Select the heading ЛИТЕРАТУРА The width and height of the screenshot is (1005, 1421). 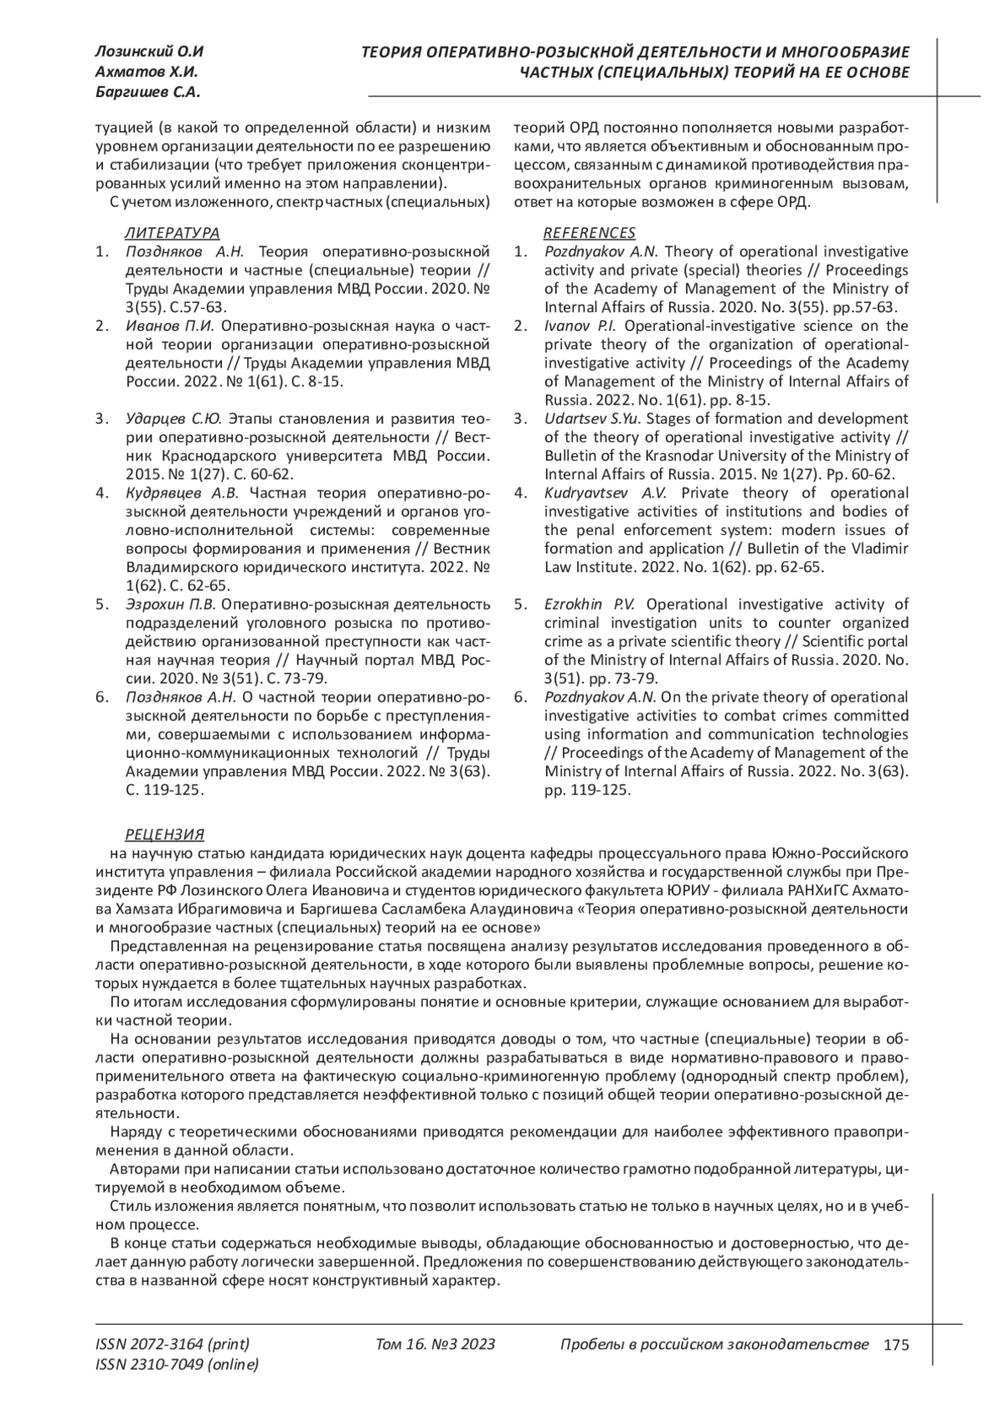[x=173, y=233]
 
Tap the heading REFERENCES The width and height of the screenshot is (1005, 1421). [x=590, y=233]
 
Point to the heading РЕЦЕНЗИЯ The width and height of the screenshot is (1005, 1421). [x=164, y=834]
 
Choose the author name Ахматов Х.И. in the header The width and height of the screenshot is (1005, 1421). [x=147, y=72]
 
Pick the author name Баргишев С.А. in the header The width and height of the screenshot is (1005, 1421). [x=148, y=92]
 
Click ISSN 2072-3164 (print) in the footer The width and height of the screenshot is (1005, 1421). [x=173, y=1345]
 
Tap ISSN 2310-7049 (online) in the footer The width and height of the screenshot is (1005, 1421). [x=178, y=1365]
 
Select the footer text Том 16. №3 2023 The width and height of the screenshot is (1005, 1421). [x=435, y=1345]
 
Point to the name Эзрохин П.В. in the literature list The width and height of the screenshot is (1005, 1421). [x=171, y=604]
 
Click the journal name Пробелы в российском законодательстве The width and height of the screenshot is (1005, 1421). [x=714, y=1345]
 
